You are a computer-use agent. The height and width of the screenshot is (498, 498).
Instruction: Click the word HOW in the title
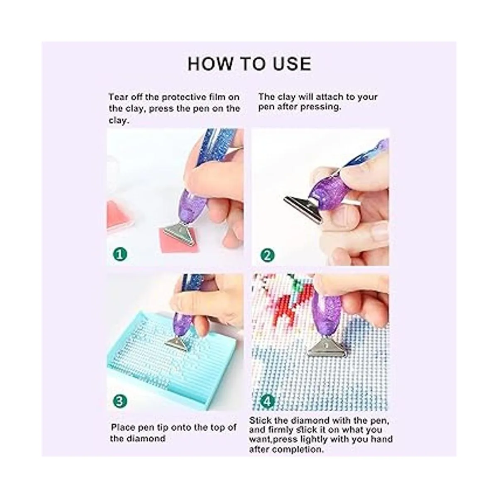click(209, 64)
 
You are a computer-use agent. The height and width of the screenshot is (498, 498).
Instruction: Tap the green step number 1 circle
click(120, 254)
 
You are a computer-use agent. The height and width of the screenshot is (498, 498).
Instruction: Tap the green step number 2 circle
click(268, 256)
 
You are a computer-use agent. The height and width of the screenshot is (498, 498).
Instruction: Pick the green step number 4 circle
click(268, 401)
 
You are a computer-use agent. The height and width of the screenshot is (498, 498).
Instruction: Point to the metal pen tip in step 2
click(303, 208)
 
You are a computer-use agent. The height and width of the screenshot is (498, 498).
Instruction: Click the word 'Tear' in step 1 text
click(117, 97)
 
